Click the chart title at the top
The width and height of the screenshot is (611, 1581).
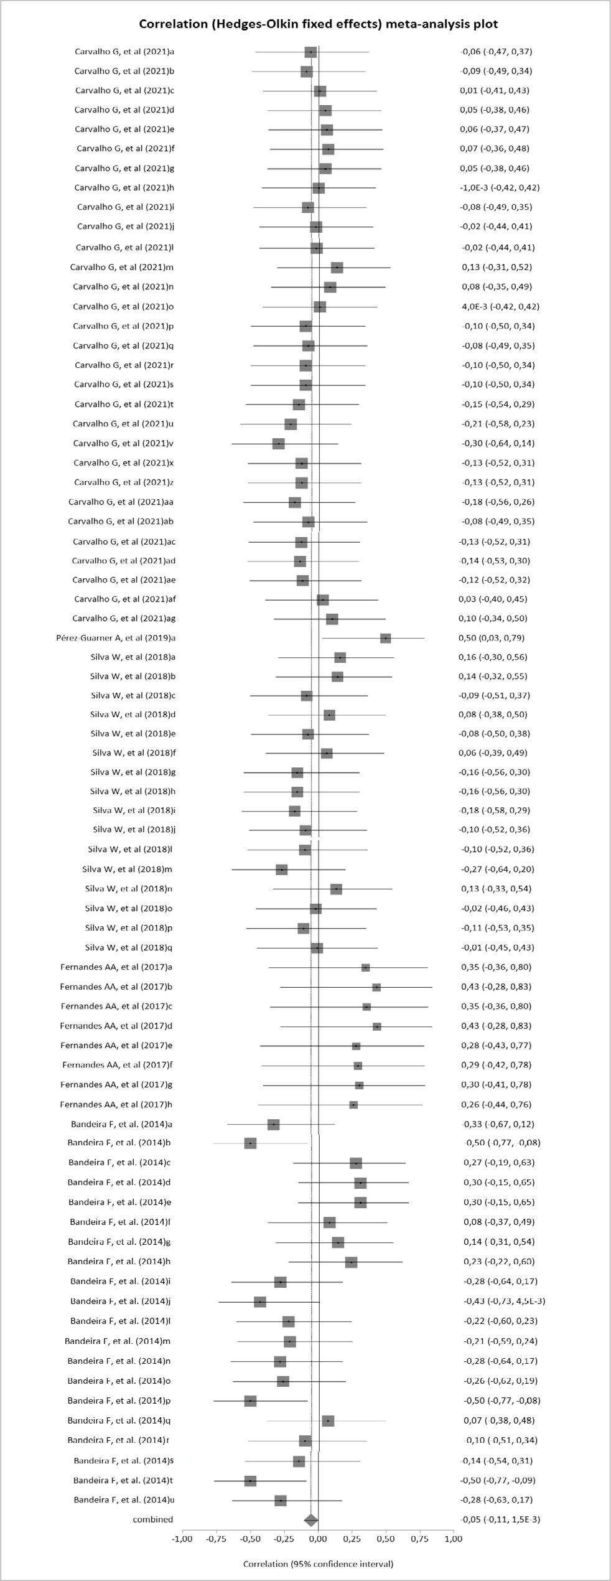[318, 24]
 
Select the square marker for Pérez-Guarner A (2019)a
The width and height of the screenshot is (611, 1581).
[386, 638]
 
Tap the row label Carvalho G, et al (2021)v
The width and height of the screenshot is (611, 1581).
[123, 443]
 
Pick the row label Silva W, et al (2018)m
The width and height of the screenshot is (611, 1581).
[128, 869]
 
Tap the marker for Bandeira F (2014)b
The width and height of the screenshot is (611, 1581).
[250, 1143]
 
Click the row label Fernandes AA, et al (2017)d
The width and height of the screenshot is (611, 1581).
[116, 1026]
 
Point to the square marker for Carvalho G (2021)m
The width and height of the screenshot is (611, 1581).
[337, 268]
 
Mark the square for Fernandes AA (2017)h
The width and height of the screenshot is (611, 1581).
[353, 1105]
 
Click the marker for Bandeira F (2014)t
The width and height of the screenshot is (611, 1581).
[250, 1480]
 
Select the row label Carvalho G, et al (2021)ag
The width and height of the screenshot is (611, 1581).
[124, 618]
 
